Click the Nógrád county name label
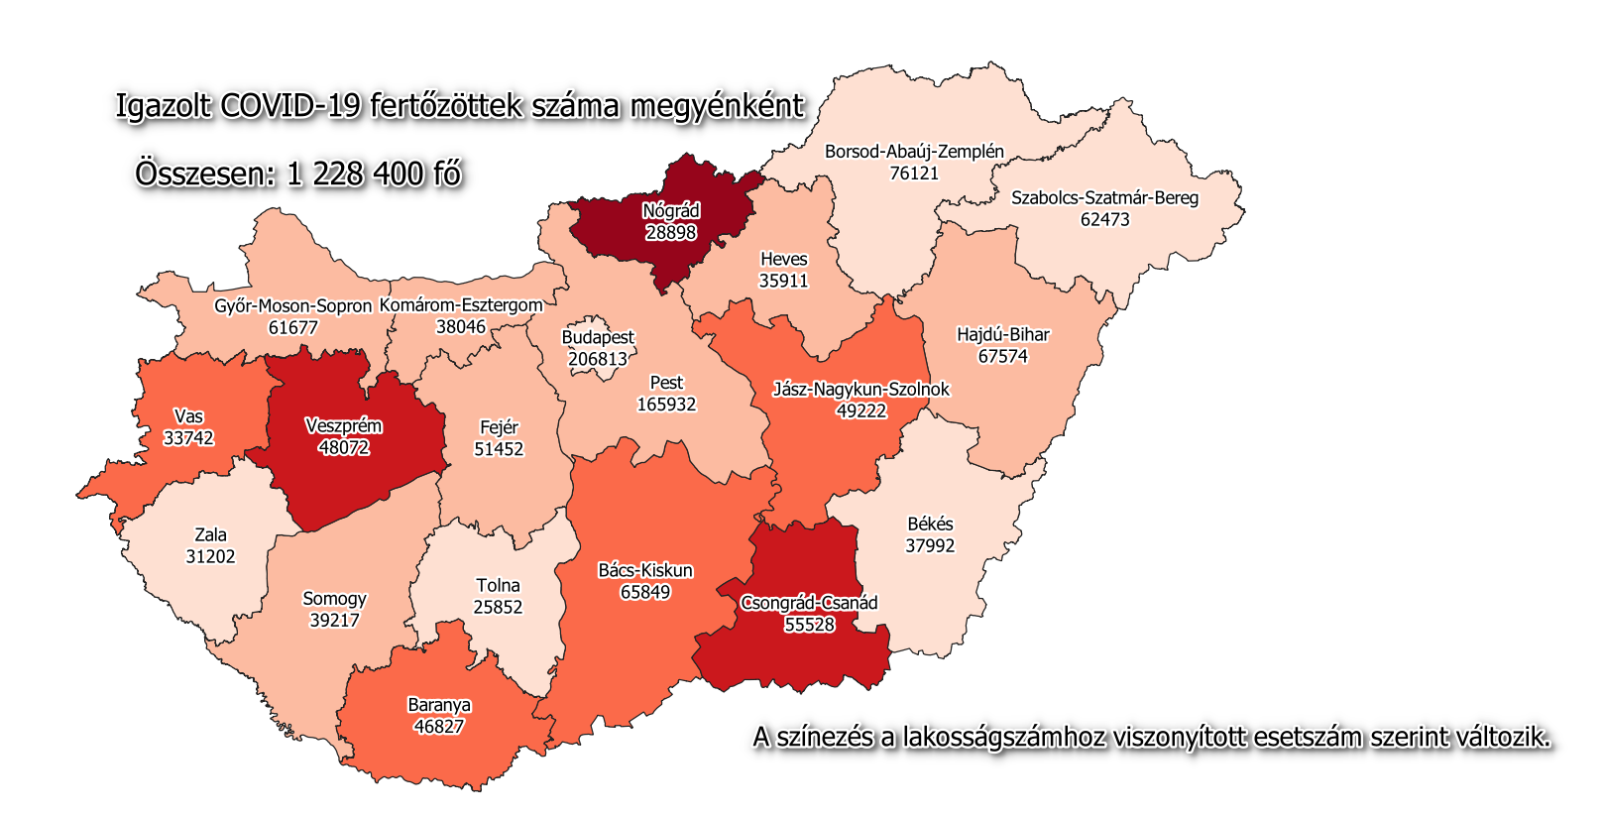pos(671,211)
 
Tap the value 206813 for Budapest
pos(598,359)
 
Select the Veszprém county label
pos(343,426)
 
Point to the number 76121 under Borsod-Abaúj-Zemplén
pos(914,174)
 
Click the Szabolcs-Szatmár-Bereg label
pos(1104,198)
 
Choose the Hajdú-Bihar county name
pos(1002,335)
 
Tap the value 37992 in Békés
pos(930,545)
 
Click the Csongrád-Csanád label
pos(809,603)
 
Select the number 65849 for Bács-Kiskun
pos(645,592)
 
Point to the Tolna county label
pos(498,586)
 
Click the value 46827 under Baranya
pos(439,727)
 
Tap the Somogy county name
pos(334,599)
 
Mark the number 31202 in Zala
pos(210,557)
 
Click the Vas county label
pos(188,416)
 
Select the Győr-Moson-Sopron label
pos(292,306)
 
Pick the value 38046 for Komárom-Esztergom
pos(461,326)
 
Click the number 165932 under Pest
pos(666,405)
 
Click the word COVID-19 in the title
pos(290,106)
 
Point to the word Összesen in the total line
pos(205,175)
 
